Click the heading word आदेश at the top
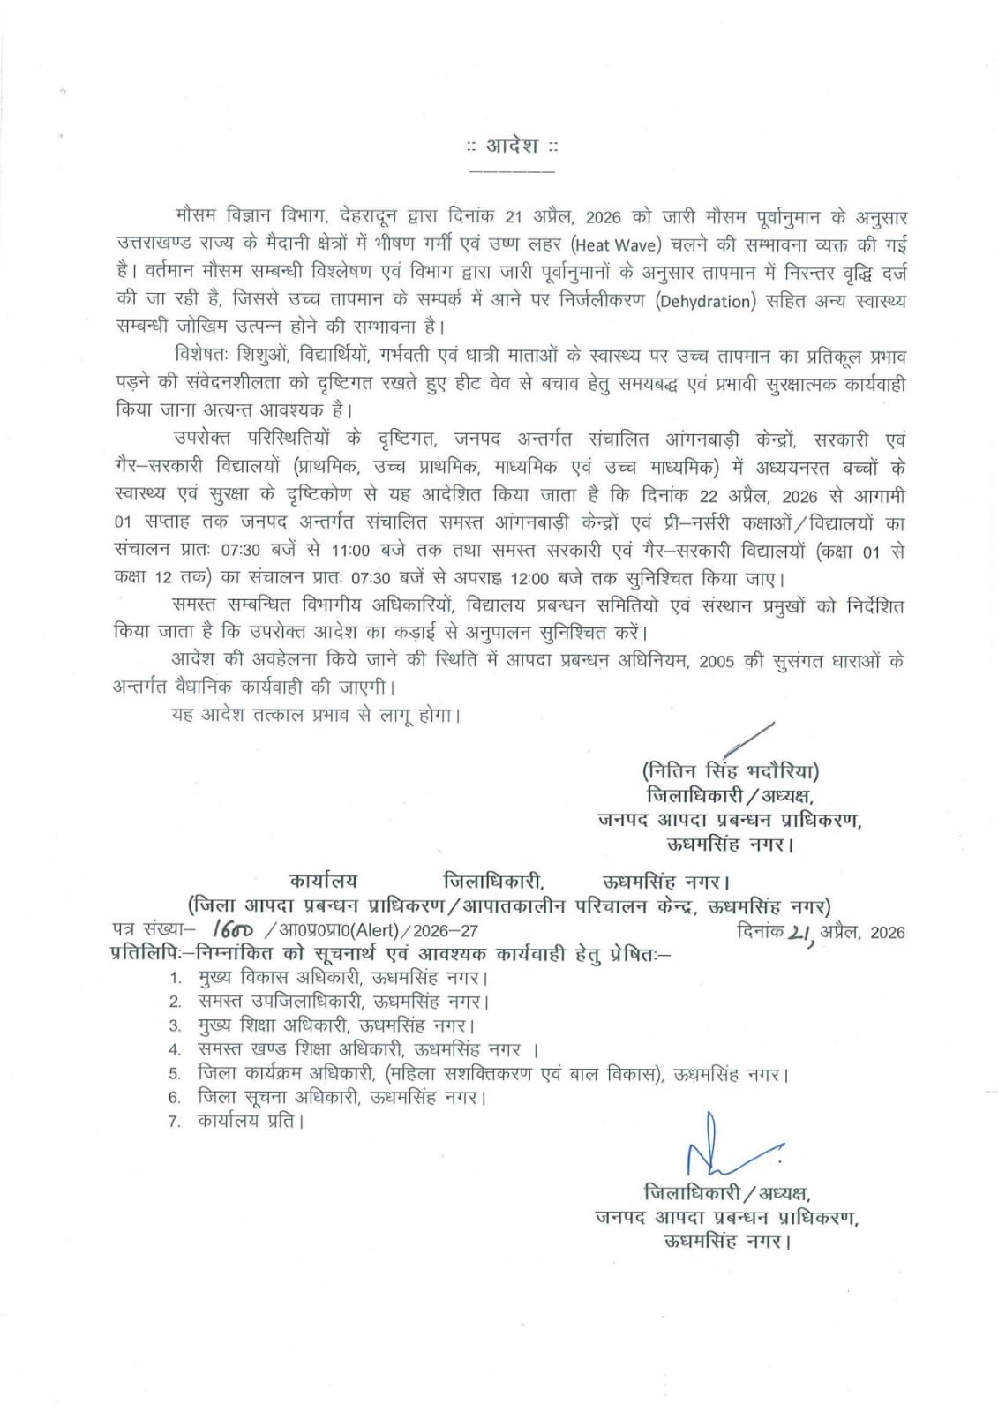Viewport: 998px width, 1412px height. click(x=513, y=146)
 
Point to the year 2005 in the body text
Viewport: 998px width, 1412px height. click(x=717, y=663)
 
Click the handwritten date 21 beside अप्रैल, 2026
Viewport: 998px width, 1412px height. click(x=800, y=930)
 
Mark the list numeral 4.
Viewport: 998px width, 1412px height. click(x=176, y=1050)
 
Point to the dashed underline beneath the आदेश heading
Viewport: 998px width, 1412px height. click(x=513, y=169)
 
